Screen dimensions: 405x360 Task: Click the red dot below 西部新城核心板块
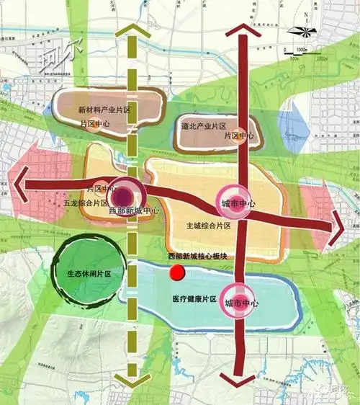[176, 273]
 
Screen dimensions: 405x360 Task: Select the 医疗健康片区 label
[194, 298]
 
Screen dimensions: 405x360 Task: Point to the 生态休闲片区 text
[89, 274]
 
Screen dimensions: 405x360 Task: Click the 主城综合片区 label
[208, 226]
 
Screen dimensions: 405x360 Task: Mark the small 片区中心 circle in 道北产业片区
[238, 135]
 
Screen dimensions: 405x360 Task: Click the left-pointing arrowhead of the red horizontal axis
[17, 183]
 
